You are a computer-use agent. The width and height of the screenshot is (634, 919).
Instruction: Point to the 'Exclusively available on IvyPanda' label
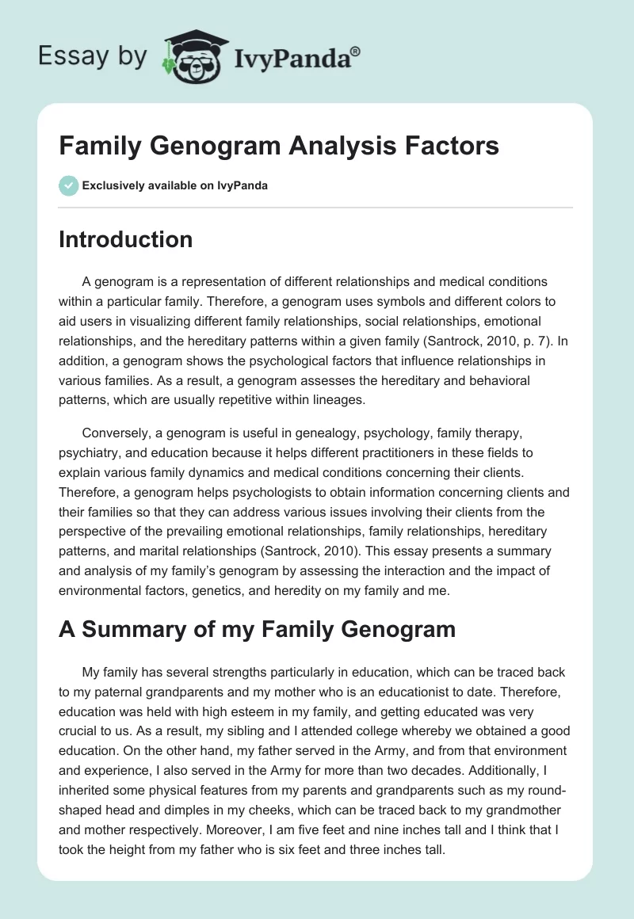tap(174, 185)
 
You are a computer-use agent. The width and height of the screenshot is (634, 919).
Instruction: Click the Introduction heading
tap(125, 239)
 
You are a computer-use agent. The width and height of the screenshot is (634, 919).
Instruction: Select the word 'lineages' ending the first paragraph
tap(336, 400)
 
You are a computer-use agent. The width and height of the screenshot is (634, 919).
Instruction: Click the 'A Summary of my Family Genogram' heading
tap(257, 629)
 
